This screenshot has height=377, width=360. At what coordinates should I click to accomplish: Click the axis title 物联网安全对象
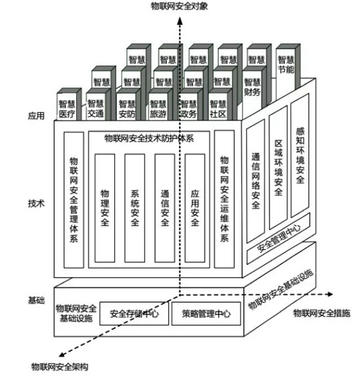click(x=179, y=7)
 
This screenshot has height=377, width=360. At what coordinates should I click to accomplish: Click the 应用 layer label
click(x=37, y=116)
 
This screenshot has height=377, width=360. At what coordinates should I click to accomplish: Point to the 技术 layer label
click(x=37, y=203)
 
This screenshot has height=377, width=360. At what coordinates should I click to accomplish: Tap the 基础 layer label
click(x=37, y=301)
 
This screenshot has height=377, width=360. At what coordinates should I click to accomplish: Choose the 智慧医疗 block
click(x=68, y=109)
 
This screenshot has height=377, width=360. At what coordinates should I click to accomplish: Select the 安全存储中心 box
click(x=134, y=314)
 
